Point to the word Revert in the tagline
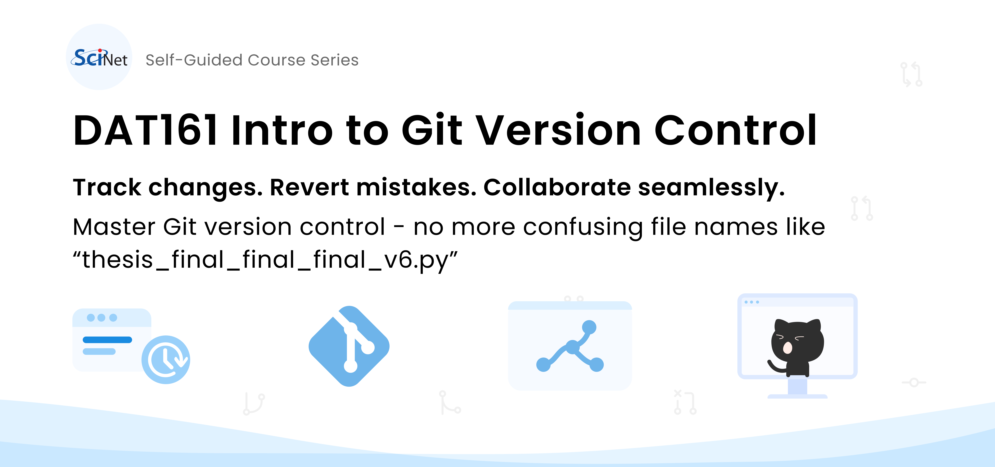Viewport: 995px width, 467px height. point(309,188)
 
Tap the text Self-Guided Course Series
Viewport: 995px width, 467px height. point(252,60)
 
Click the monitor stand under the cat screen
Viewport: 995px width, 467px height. point(797,387)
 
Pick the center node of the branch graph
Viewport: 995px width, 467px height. point(573,347)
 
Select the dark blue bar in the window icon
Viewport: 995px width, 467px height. point(107,340)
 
